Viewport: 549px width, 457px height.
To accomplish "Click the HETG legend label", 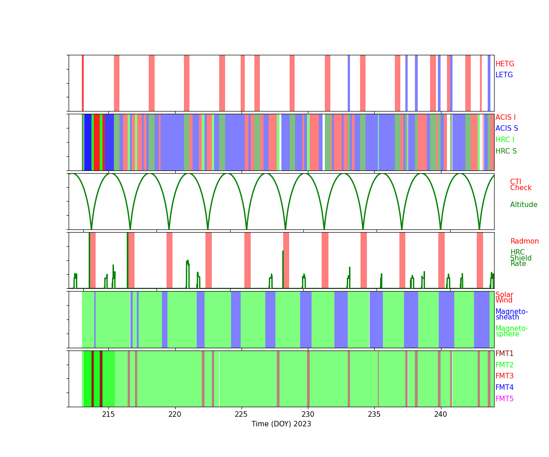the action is click(505, 64).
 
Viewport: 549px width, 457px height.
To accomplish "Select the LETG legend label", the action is click(504, 75).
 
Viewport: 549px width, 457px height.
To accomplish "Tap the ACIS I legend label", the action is click(506, 117).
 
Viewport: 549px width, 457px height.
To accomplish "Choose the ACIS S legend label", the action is click(506, 128).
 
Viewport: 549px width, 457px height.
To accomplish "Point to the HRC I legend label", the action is click(505, 140).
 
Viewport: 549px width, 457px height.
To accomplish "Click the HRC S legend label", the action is click(506, 151).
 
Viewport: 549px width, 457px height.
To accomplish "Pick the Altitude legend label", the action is click(523, 205).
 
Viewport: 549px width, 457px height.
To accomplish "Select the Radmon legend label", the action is click(524, 241).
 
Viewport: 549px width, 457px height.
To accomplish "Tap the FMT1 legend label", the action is click(504, 354).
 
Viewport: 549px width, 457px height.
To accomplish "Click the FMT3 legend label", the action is click(504, 376).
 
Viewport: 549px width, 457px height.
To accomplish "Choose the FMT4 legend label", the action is click(504, 387).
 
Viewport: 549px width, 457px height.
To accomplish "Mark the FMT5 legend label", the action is click(504, 399).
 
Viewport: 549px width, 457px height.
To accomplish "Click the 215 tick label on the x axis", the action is click(108, 414).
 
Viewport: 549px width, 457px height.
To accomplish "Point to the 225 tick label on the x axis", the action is click(241, 414).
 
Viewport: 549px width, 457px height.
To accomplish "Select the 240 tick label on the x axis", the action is click(441, 414).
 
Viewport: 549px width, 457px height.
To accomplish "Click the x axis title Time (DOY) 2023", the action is click(281, 424).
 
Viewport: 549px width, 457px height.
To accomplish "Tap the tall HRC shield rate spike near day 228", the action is click(283, 269).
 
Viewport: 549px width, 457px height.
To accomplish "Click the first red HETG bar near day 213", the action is click(82, 83).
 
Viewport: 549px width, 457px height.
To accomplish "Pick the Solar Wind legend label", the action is click(504, 298).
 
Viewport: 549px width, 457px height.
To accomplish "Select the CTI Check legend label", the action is click(520, 185).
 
